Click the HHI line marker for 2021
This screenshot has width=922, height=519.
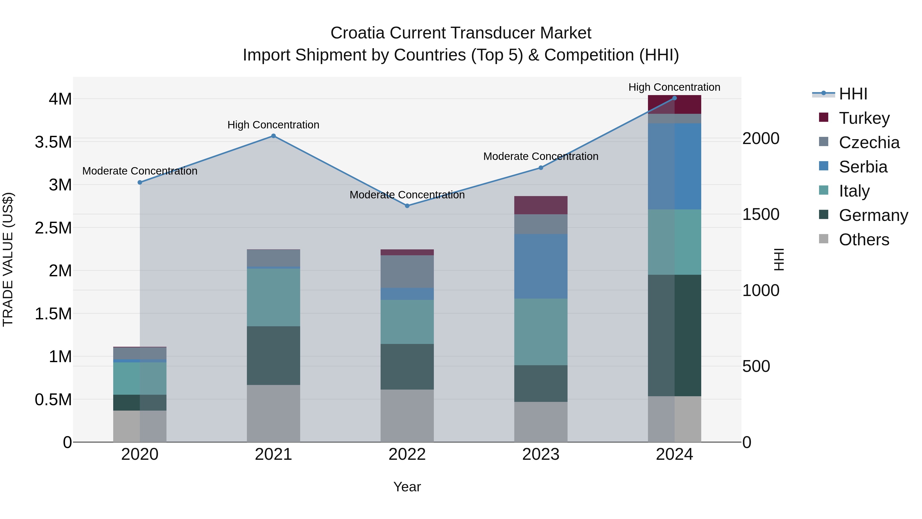(x=274, y=136)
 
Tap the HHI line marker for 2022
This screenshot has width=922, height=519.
(x=407, y=206)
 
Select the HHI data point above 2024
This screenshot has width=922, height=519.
(x=674, y=98)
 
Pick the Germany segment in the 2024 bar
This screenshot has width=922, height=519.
(x=674, y=335)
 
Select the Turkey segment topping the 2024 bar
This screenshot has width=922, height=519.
(x=674, y=105)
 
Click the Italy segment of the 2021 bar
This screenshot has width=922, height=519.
(x=274, y=297)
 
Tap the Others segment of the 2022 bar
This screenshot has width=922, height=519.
(x=407, y=415)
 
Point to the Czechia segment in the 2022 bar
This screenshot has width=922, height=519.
(x=407, y=271)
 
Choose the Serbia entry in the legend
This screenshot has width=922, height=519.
(x=863, y=167)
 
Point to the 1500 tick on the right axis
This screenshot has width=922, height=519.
(x=761, y=214)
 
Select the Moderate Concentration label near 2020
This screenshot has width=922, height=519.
(x=140, y=171)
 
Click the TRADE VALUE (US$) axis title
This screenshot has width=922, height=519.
(x=8, y=259)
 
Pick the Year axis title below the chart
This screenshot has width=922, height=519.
(x=407, y=487)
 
